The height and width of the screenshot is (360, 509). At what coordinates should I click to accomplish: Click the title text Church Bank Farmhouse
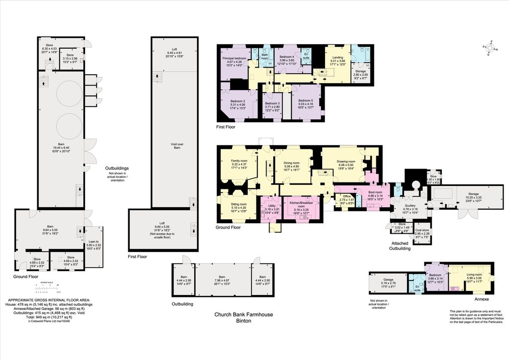tap(244, 314)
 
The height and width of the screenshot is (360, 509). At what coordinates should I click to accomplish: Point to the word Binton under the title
tap(244, 321)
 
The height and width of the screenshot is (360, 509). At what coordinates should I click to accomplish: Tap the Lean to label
tap(93, 242)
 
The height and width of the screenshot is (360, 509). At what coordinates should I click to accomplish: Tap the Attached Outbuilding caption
tap(400, 246)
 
